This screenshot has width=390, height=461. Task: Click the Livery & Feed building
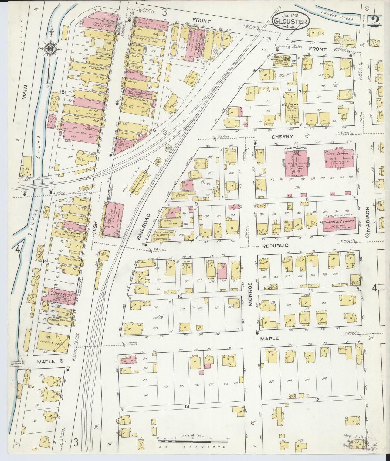pos(52,342)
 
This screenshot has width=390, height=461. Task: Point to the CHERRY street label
pos(286,137)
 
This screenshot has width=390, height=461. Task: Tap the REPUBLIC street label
pos(275,246)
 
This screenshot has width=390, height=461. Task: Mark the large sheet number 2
pos(377,22)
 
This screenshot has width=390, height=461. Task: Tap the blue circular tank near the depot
pos(168,148)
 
